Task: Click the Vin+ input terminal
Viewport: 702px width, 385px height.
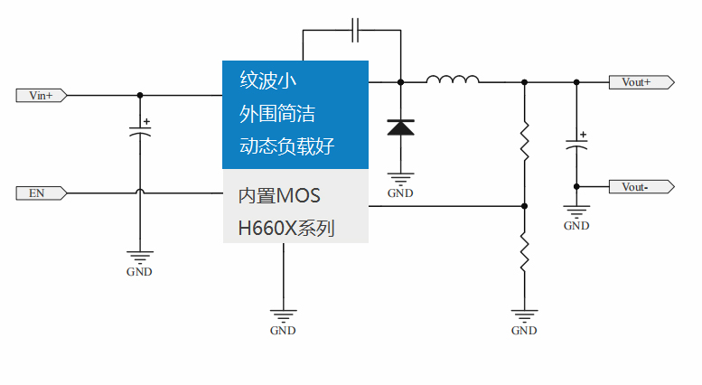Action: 42,95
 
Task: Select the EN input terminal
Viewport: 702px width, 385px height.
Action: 42,192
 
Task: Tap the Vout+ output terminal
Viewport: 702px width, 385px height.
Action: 641,82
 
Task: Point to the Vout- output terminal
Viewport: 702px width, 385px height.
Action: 641,187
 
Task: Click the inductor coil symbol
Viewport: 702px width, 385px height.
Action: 453,81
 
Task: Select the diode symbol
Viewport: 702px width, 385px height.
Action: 400,127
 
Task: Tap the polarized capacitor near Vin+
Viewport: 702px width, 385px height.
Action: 139,131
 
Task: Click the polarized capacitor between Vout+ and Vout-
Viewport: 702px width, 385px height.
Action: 576,143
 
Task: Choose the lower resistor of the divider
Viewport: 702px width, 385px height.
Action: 524,252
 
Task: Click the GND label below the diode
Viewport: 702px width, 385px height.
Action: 400,193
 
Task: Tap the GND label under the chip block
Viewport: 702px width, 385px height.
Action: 283,331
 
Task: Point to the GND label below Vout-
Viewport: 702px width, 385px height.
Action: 576,226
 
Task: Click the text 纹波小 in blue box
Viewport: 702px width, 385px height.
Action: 268,80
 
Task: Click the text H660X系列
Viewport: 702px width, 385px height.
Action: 285,229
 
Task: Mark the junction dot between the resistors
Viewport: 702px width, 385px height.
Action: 524,206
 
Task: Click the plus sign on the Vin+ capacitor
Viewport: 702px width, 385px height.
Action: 147,121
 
